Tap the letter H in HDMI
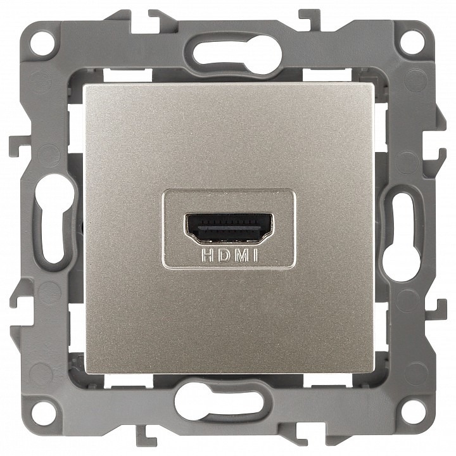[206, 256]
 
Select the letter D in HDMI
[224, 256]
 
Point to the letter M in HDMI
[242, 256]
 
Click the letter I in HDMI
[256, 256]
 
